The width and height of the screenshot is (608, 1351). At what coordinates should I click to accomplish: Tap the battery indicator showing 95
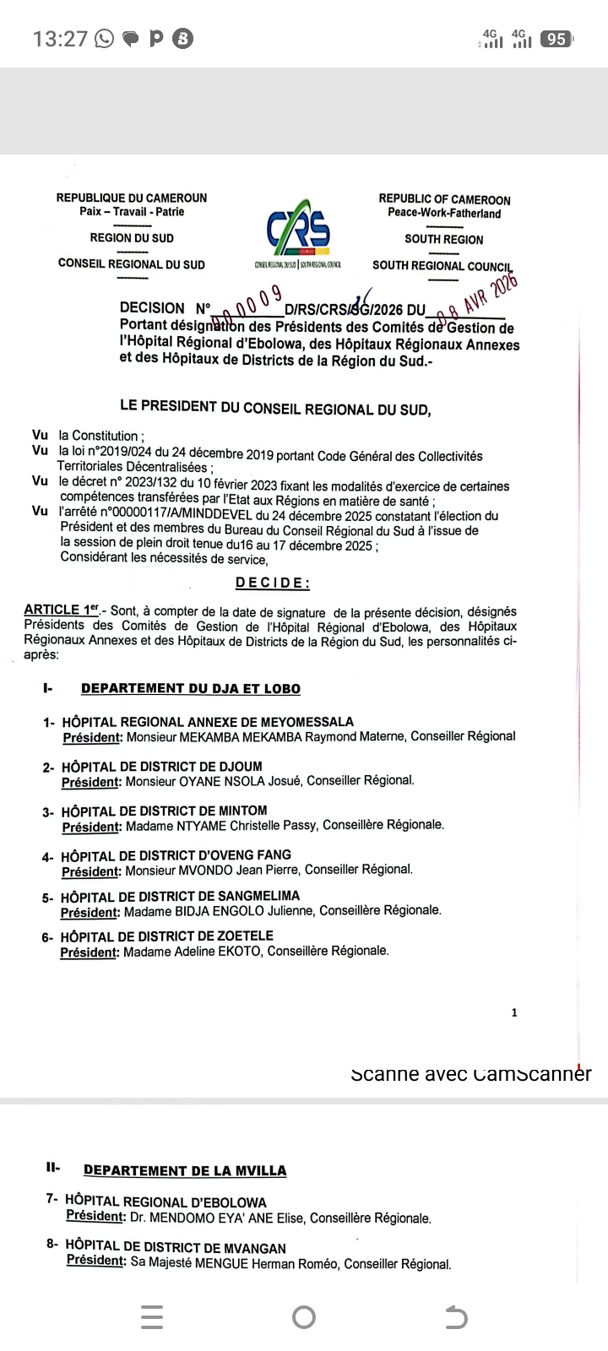click(x=556, y=39)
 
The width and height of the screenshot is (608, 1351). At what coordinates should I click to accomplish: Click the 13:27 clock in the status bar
click(x=60, y=39)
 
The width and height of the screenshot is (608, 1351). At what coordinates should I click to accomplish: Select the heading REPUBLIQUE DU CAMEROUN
click(x=132, y=198)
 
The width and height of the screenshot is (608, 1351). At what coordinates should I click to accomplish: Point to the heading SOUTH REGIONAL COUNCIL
click(x=442, y=266)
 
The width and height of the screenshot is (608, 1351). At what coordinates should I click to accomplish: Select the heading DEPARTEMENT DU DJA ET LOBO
click(x=191, y=689)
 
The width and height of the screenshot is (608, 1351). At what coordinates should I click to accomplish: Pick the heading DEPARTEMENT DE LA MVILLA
click(x=185, y=1170)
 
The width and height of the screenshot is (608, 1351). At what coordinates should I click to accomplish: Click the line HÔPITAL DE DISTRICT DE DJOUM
click(x=162, y=767)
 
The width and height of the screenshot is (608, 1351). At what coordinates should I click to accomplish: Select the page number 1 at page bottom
click(x=514, y=1012)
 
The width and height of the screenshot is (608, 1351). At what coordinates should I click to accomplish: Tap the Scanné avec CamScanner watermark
click(x=470, y=1074)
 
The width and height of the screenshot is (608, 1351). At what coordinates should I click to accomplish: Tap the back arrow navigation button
click(x=456, y=1317)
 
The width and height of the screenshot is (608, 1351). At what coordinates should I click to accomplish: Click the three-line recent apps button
click(x=152, y=1317)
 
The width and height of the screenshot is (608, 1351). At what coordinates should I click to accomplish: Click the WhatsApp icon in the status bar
click(x=105, y=39)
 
